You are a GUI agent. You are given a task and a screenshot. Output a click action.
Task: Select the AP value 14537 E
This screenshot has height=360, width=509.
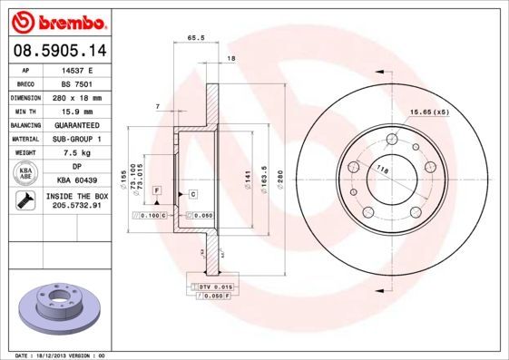click(79, 69)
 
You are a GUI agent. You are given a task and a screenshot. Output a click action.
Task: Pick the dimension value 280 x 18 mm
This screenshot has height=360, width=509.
click(79, 95)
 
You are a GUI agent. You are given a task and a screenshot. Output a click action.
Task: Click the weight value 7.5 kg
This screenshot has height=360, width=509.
click(79, 153)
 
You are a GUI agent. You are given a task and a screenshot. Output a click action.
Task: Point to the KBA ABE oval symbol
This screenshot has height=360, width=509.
click(25, 174)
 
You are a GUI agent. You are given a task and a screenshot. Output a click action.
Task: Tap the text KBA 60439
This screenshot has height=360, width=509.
click(79, 181)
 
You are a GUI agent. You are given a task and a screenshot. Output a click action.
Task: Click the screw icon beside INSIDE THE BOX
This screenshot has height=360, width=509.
click(25, 201)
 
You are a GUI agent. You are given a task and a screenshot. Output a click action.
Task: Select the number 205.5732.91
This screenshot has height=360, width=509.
click(79, 207)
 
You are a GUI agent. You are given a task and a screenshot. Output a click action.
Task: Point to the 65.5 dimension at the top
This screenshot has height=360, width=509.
click(193, 38)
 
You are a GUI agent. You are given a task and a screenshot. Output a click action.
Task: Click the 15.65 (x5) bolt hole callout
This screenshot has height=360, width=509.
click(429, 112)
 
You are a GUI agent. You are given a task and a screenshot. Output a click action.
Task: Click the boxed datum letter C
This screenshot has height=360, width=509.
click(193, 194)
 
